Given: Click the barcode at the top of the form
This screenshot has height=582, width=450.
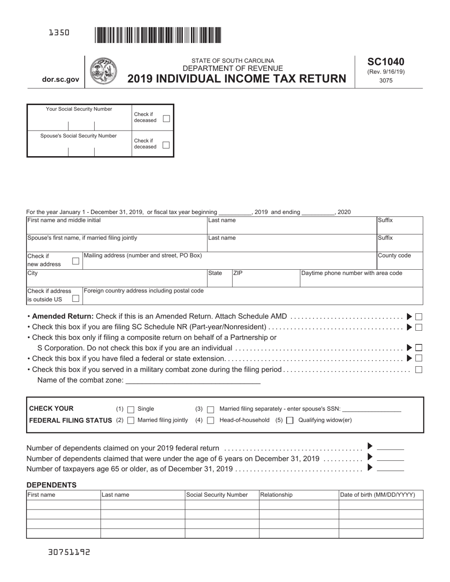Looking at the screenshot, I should point(158,35).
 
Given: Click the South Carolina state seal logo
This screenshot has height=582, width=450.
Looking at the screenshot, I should point(103,71).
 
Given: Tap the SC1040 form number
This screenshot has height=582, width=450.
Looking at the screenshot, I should point(386,62).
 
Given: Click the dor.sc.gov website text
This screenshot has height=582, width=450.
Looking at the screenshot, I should point(61,80).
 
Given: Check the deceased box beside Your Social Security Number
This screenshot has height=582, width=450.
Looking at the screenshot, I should point(166,118).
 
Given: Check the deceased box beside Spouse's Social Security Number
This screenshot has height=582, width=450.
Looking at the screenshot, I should point(166,145).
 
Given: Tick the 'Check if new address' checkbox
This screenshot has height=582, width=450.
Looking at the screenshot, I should point(75,261).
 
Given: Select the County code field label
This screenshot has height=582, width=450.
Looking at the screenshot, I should point(394,256).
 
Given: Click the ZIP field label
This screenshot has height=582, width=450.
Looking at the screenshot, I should point(238,273).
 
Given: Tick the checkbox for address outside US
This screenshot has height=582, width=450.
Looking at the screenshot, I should point(75,299).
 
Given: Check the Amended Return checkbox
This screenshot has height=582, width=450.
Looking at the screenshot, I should point(419,317).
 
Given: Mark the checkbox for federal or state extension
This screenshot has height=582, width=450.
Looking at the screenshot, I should point(419,358).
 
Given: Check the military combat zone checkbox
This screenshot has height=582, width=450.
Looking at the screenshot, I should point(419,370).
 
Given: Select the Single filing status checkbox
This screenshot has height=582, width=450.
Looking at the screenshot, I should point(131,409).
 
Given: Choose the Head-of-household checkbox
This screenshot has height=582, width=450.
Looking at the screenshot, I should point(211,420).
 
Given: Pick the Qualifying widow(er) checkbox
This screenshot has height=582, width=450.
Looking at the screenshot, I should point(290,420).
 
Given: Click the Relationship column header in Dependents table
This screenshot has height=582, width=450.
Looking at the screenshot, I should point(277,495).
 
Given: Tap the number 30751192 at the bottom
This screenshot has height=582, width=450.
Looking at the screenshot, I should point(69,552).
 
